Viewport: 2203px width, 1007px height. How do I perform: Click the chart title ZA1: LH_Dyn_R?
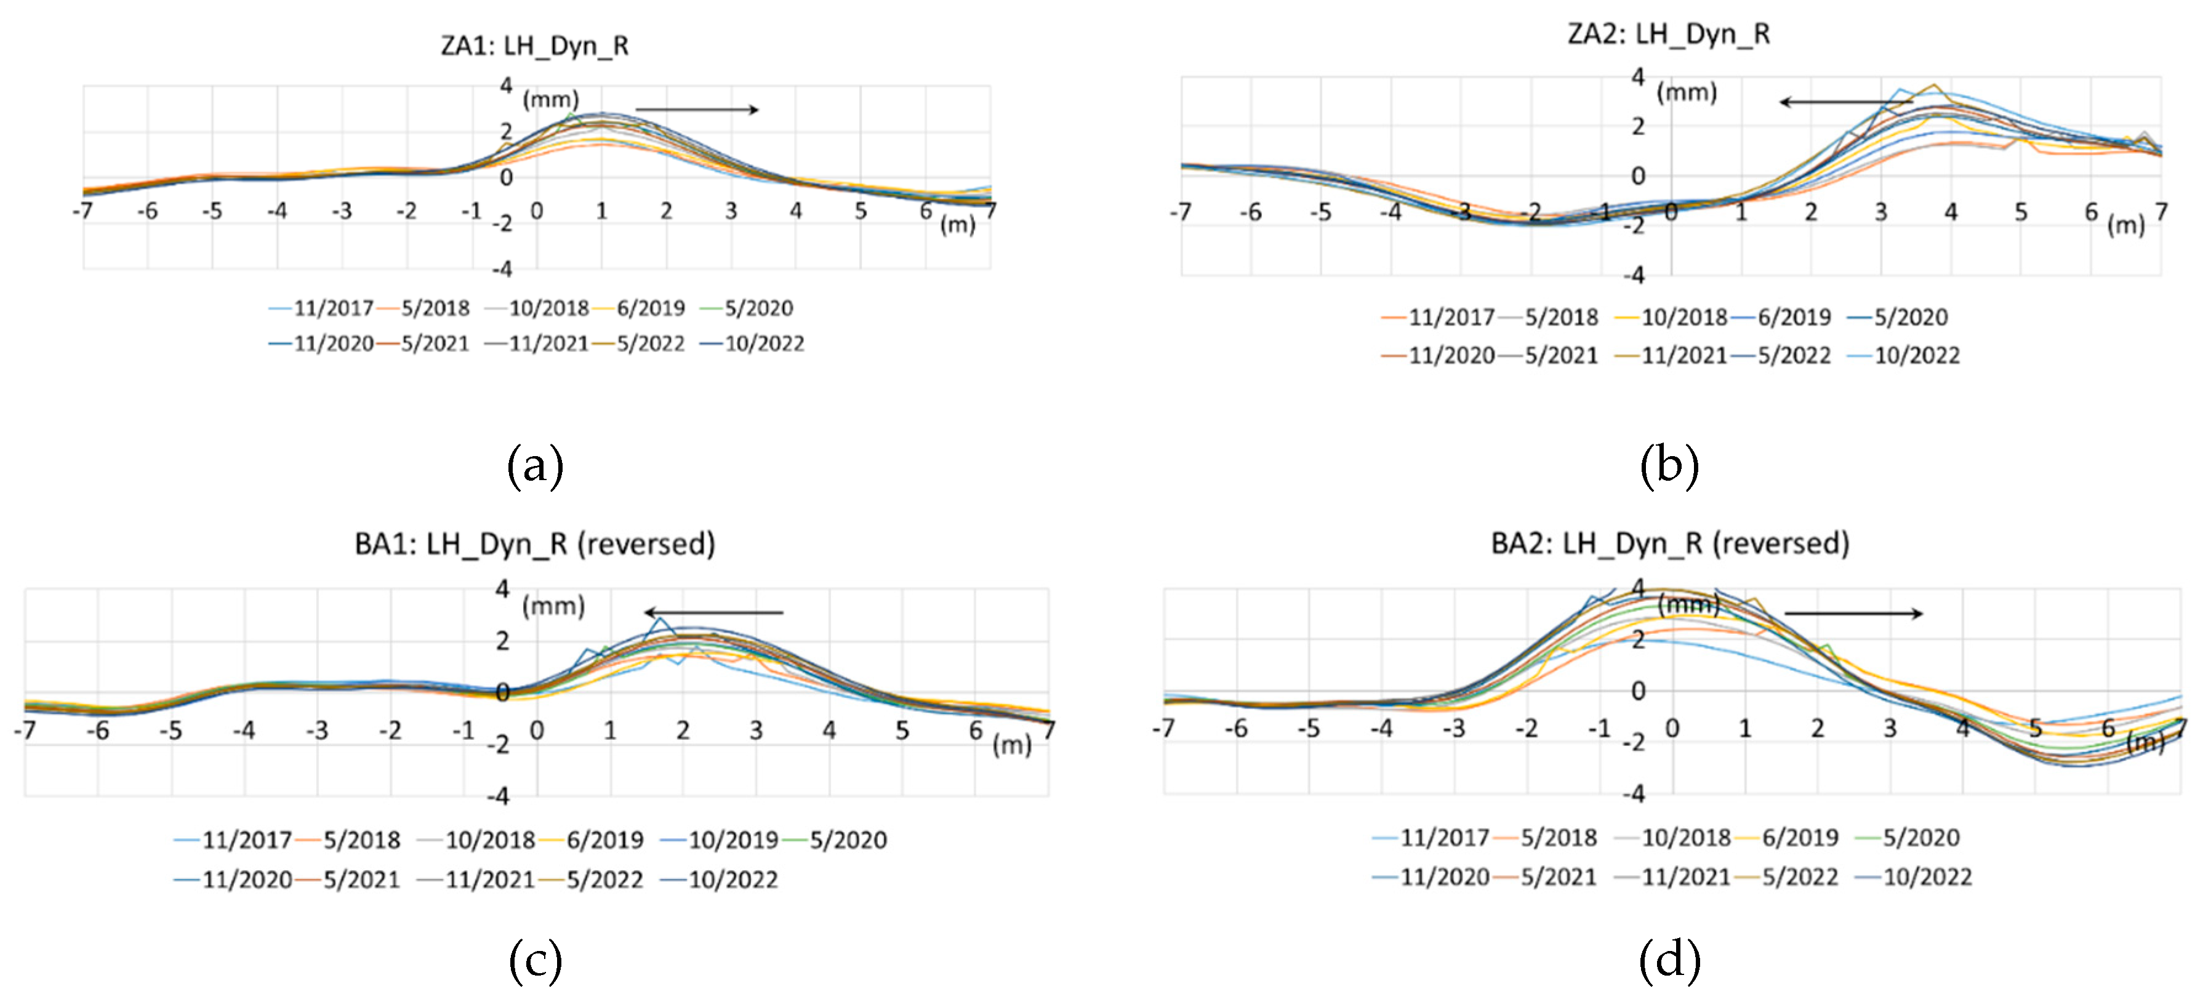click(x=534, y=46)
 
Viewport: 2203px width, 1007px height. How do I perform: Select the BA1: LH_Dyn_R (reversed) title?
click(x=534, y=544)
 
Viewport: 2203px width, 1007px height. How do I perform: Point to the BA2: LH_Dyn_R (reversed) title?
click(x=1669, y=544)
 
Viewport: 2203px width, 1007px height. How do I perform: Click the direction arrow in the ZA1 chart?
click(x=697, y=110)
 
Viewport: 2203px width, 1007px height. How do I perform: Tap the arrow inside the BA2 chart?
click(x=1854, y=613)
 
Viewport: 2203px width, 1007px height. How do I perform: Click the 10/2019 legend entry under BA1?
click(x=731, y=840)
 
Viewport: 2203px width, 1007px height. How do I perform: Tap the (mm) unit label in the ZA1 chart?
click(x=551, y=99)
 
